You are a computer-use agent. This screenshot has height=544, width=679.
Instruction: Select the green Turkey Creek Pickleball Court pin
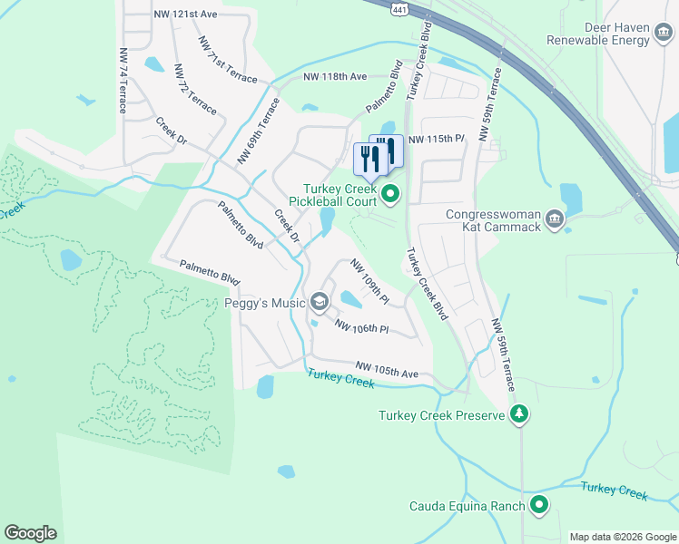391,193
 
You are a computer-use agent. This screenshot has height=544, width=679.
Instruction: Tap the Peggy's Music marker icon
319,301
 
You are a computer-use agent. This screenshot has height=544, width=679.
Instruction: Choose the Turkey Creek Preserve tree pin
518,415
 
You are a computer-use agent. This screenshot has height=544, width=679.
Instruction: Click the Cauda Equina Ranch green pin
539,505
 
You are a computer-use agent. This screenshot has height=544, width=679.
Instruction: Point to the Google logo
30,533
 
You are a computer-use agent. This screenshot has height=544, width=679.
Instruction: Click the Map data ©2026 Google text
622,537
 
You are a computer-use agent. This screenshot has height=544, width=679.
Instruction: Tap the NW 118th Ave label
335,77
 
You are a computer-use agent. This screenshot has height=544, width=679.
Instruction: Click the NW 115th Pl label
437,140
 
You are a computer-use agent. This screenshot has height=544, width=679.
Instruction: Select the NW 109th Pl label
370,281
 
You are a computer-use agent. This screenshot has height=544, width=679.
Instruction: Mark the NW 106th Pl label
361,326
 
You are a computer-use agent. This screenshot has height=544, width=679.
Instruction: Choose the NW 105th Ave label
387,369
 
